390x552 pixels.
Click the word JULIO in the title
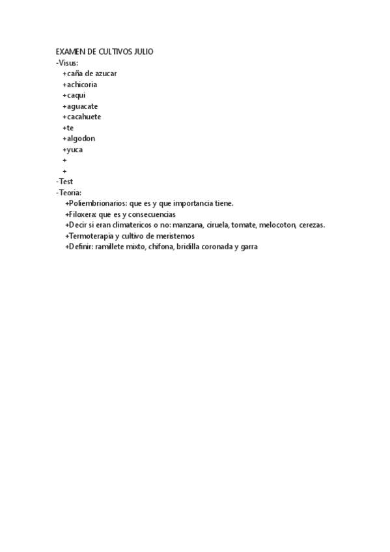(x=143, y=52)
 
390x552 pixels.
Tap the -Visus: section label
(x=67, y=63)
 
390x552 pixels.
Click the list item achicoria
(x=80, y=85)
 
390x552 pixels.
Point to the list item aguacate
(x=80, y=106)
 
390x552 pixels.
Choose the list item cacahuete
(x=82, y=117)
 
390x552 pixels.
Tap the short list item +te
(x=68, y=128)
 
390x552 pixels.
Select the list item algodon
(x=79, y=139)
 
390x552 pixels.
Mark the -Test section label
(x=65, y=182)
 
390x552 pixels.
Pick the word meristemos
(x=174, y=236)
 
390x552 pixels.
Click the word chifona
(x=161, y=247)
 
